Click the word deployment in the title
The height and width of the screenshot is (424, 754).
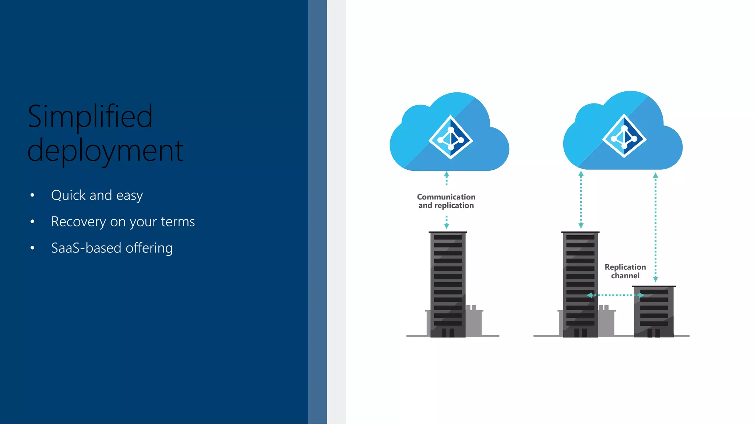pos(105,151)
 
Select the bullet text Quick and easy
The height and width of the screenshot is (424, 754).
pos(97,195)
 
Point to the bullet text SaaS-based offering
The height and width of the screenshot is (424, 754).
pos(112,248)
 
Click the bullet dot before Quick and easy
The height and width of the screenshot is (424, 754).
pos(32,195)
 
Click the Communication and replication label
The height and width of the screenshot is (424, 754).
pos(446,201)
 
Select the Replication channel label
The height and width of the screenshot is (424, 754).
pos(625,271)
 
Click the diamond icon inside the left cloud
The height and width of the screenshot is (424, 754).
pos(451,137)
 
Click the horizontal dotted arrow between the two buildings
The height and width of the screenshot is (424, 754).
pos(615,295)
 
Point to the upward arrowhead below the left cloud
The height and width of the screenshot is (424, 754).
pos(447,174)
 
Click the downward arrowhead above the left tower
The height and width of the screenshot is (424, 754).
pos(447,226)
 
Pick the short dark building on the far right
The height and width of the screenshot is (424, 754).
pos(654,311)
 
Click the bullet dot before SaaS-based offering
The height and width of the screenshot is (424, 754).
pos(32,248)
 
